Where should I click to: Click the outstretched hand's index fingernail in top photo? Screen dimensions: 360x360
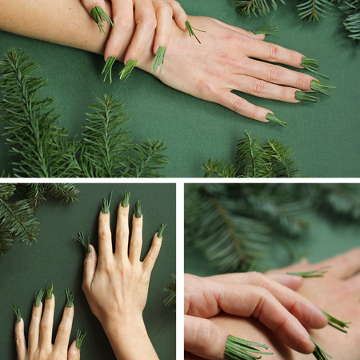[x=309, y=63]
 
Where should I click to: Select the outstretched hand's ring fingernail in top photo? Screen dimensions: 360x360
[x=306, y=96]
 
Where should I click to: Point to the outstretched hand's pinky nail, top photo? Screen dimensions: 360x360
[x=274, y=118]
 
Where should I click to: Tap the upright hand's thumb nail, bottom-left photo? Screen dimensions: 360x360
[x=83, y=241]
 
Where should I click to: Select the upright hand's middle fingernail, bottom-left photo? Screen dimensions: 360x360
[x=125, y=198]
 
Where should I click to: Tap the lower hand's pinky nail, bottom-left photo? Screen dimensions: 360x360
[x=18, y=314]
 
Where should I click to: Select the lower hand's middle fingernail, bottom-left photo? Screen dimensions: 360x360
[x=50, y=293]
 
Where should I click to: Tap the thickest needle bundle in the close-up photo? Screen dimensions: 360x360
[x=244, y=347]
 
